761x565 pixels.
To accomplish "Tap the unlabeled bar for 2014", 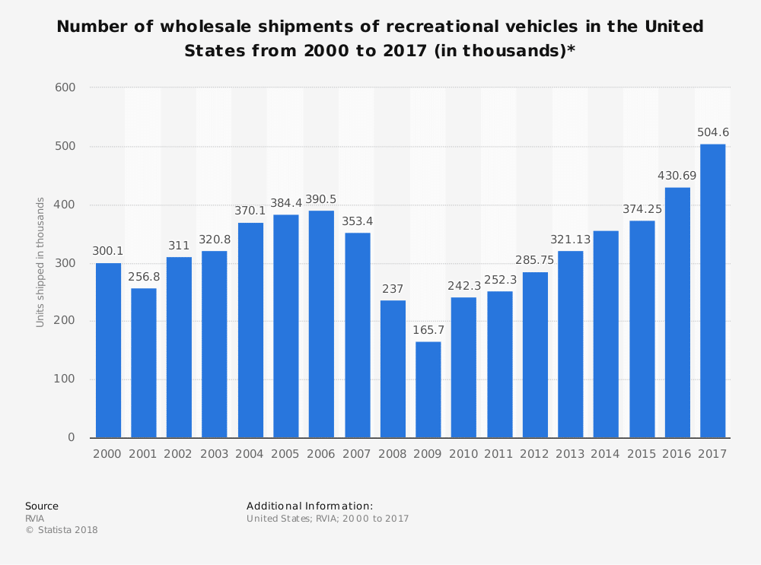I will coord(606,334).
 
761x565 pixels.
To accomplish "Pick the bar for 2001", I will coord(144,363).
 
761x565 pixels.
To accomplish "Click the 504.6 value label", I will coord(713,132).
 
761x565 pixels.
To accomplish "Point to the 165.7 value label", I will coord(428,330).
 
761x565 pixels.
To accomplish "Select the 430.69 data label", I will coord(677,176).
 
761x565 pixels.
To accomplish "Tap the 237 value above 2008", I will coord(393,289).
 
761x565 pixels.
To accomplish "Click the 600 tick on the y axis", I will coord(65,87).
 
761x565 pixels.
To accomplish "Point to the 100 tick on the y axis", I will coord(65,379).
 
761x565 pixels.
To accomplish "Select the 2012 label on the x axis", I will coord(535,453).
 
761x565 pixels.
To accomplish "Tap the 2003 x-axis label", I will coord(215,453).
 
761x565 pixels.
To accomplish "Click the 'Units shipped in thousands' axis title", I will coord(40,262).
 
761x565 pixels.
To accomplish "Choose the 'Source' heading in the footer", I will coord(42,506).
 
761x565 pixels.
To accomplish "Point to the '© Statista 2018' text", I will coord(62,530).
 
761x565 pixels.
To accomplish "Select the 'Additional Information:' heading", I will coord(310,506).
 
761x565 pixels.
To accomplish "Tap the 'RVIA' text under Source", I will coord(35,519).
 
